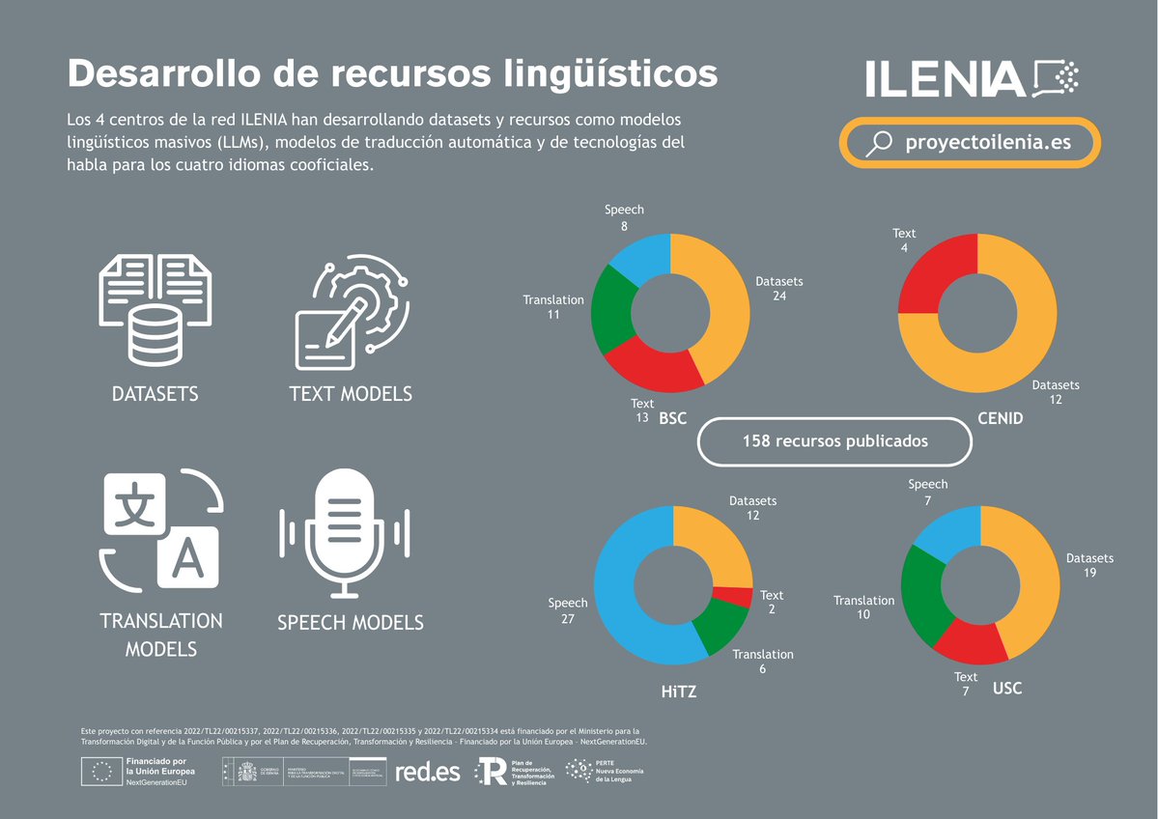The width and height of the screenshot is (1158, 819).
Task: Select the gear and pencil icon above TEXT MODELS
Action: pos(351,310)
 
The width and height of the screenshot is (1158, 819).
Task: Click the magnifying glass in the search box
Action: pos(879,144)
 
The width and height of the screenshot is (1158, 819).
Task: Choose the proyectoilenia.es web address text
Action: pos(987,143)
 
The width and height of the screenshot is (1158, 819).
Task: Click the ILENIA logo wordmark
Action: pos(944,78)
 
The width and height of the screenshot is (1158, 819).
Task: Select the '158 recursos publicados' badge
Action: pos(834,441)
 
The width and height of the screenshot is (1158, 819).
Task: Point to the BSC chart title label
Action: pos(672,419)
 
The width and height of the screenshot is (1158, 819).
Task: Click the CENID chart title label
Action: pos(999,419)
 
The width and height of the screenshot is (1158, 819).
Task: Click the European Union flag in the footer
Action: pos(101,770)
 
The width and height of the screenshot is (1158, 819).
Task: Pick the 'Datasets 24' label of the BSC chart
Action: pos(779,289)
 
